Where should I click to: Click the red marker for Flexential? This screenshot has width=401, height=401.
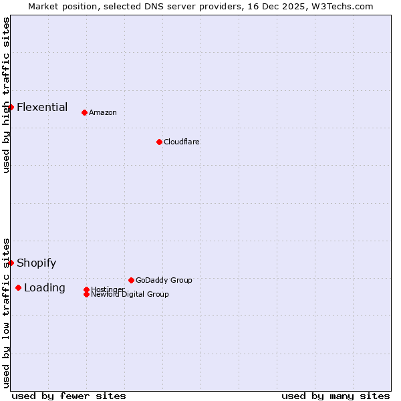click(11, 107)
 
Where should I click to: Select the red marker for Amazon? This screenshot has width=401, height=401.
click(84, 112)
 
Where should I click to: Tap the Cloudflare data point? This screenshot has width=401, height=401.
click(159, 142)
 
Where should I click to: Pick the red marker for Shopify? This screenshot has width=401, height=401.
click(11, 263)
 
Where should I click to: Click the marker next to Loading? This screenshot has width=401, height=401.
click(18, 287)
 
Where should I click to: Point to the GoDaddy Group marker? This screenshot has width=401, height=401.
click(131, 280)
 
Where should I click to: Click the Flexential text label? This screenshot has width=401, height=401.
click(42, 107)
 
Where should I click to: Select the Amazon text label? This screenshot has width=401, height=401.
click(103, 112)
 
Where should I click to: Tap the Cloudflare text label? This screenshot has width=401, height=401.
click(182, 142)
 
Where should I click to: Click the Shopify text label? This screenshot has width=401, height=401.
click(37, 263)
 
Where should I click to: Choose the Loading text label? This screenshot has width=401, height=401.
click(45, 287)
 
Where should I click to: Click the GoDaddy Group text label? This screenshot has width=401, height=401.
click(164, 280)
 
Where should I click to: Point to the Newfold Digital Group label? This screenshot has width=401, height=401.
click(130, 295)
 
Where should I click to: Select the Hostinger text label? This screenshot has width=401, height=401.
click(108, 289)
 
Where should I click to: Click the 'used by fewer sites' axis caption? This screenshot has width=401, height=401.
click(69, 396)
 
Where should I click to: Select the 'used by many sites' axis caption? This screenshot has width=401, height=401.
click(336, 396)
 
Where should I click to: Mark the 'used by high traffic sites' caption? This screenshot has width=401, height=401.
click(6, 95)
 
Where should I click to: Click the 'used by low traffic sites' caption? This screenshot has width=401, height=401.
click(6, 312)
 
